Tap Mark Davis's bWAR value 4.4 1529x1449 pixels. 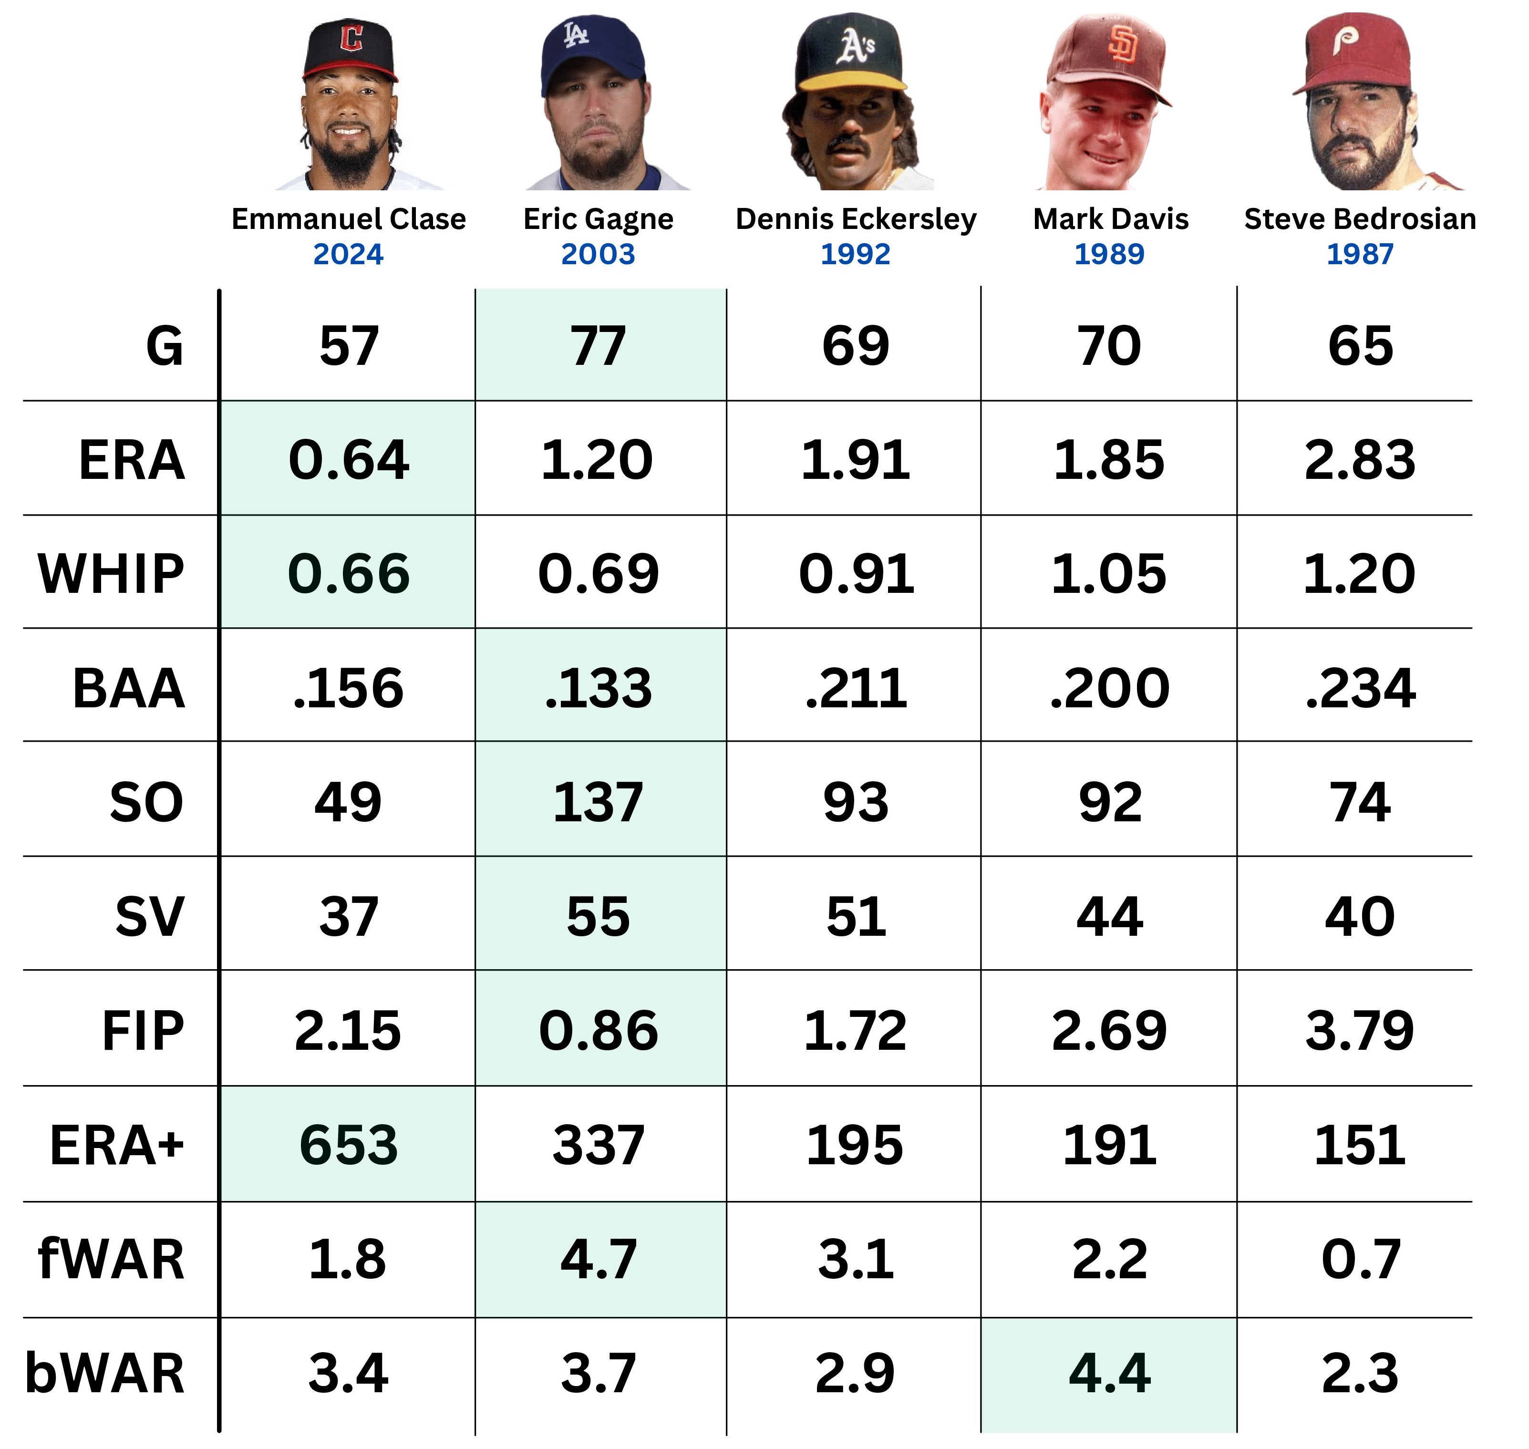point(1109,1373)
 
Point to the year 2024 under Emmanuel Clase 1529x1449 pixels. point(348,254)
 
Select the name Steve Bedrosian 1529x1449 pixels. point(1359,219)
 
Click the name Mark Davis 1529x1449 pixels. point(1110,219)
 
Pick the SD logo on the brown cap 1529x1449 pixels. point(1121,44)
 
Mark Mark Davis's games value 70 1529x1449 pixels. point(1109,345)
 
